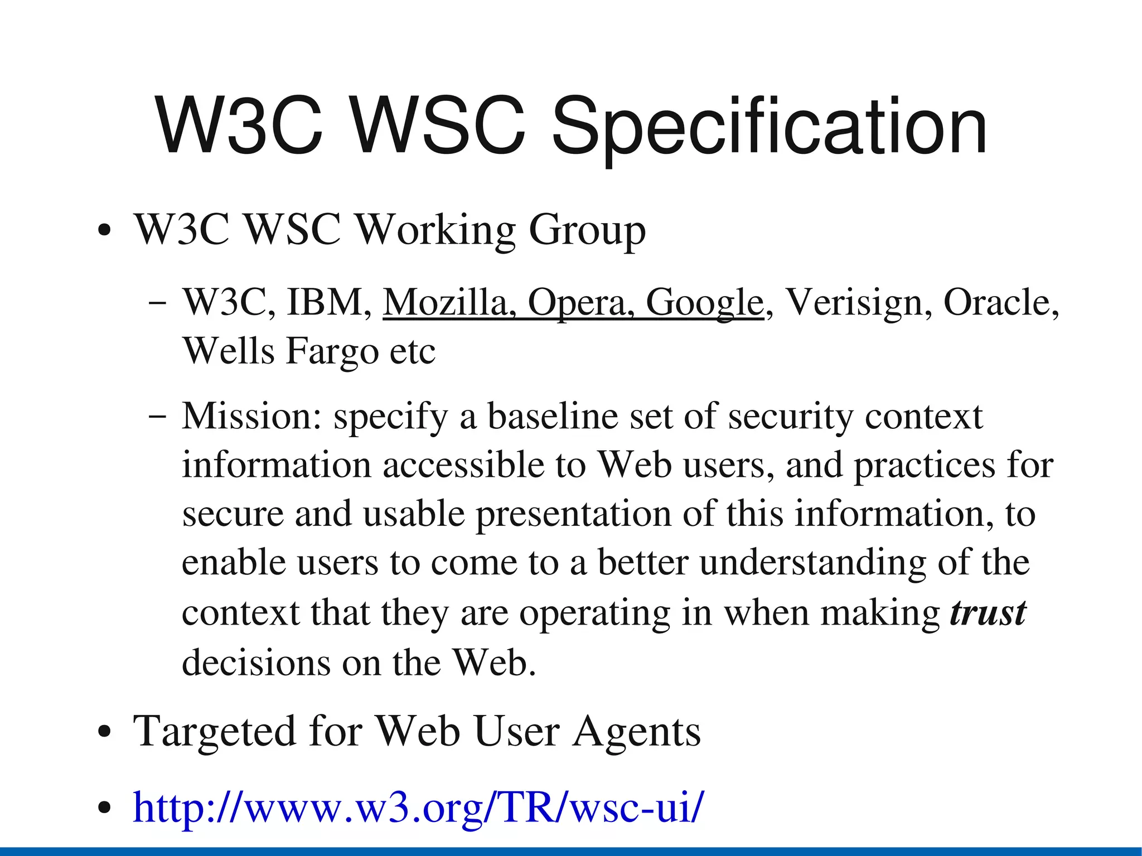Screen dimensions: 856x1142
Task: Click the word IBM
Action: [328, 303]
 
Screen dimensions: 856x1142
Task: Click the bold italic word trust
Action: [988, 613]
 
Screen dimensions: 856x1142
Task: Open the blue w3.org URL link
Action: [418, 807]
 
